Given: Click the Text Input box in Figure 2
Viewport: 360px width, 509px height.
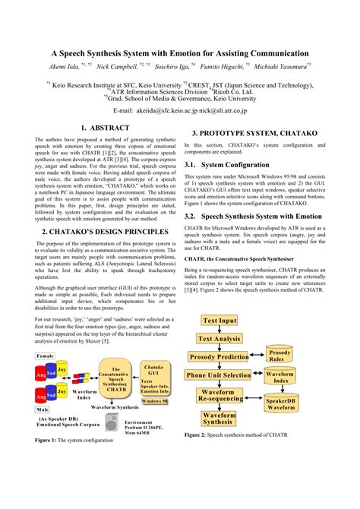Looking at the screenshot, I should pos(220,321).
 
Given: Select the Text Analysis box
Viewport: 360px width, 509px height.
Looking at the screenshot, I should pos(219,339).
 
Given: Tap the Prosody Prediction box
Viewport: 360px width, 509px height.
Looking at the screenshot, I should pos(219,356).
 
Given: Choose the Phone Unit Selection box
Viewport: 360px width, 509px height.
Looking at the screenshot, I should pos(219,375).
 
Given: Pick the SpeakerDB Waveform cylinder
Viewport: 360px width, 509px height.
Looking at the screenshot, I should pos(281,403).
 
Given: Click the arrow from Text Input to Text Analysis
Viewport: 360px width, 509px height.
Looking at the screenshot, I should pos(219,330).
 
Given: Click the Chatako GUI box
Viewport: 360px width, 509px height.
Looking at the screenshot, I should pos(154,380).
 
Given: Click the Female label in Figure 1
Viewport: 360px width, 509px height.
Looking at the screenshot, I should pos(46,356).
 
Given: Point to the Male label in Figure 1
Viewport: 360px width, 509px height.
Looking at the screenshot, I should pos(43,409).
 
